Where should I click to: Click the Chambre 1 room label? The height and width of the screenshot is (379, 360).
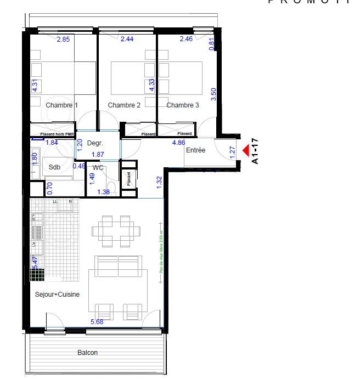61,105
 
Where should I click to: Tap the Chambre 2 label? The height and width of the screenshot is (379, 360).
124,105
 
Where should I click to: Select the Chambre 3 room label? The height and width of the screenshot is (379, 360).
183,105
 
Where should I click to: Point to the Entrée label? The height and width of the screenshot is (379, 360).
195,150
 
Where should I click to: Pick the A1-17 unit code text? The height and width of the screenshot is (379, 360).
255,151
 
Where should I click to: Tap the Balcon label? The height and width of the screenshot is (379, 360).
88,353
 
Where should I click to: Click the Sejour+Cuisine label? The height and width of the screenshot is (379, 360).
58,295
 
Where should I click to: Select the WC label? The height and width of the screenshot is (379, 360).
98,167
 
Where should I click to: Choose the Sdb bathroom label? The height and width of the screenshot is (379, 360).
54,167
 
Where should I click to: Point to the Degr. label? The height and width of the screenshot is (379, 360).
95,143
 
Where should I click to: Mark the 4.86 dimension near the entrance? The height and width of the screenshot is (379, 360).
178,143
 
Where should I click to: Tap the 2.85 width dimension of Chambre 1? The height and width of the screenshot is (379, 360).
65,39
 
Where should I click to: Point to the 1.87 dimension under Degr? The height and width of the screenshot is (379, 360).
98,155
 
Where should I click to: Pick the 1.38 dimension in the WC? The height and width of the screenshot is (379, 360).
103,191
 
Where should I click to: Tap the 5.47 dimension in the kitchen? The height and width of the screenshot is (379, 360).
36,262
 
